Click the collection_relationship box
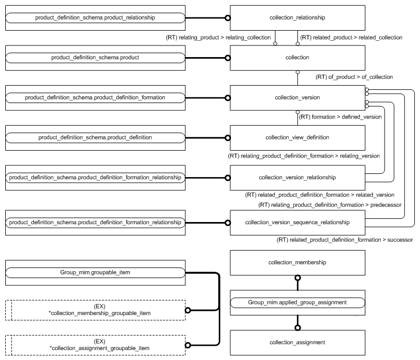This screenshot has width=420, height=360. point(297,18)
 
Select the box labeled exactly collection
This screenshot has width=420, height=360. point(297,58)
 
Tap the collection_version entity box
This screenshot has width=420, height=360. point(297,98)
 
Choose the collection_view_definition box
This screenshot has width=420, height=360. point(297,137)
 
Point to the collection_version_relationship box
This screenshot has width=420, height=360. point(297,177)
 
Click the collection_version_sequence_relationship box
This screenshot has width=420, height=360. point(297,223)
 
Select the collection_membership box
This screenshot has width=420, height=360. point(297,263)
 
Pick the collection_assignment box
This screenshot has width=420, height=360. point(297,343)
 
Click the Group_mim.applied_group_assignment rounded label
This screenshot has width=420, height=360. point(297,302)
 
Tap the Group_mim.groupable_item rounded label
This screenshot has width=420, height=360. point(95,273)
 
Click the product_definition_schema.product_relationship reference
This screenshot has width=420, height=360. point(95,18)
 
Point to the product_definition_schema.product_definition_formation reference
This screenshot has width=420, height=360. point(95,98)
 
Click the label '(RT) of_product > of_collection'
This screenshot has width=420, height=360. point(354,77)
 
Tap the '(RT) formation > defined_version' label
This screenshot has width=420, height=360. point(340,117)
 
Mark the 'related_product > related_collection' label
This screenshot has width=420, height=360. point(351,38)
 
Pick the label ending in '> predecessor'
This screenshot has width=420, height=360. point(330,205)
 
